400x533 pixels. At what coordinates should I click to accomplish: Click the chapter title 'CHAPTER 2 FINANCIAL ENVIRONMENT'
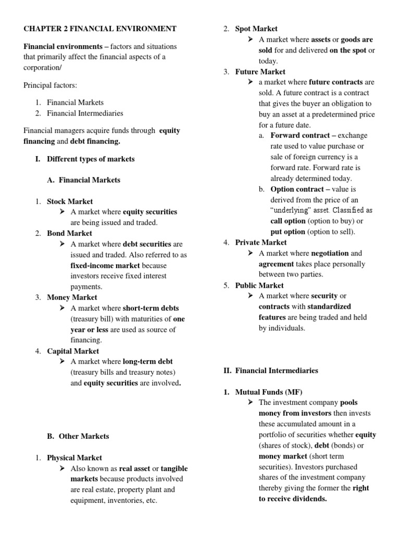point(100,29)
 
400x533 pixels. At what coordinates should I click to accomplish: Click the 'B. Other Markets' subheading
point(78,436)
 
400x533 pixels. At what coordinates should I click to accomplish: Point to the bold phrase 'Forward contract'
point(300,136)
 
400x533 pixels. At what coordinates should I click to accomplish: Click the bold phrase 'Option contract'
point(298,189)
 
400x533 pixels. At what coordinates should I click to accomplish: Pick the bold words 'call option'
point(287,221)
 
